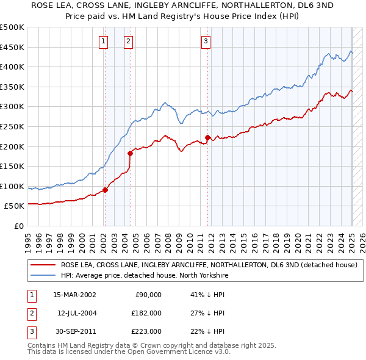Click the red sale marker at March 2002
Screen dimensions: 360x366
105,190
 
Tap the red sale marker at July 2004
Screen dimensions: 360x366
130,153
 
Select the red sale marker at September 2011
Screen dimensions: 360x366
208,137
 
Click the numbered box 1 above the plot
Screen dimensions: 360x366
103,41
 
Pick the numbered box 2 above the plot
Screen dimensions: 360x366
129,41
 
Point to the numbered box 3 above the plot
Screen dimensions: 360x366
206,41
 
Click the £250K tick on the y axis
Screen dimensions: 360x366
13,126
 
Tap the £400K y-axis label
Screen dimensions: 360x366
13,67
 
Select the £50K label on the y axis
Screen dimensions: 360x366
15,206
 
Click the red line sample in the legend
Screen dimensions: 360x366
43,265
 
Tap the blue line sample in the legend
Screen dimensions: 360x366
43,275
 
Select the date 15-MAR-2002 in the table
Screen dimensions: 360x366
74,295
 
